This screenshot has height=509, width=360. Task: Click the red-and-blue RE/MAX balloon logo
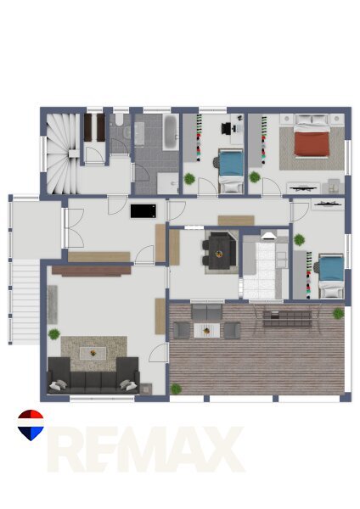tap(31, 425)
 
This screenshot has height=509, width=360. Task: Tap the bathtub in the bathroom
tap(171, 131)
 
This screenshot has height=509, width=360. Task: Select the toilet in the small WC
tap(118, 120)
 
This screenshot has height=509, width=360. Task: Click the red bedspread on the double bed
tap(312, 143)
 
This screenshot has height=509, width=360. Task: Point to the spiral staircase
tap(61, 154)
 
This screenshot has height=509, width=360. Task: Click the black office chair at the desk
tap(227, 128)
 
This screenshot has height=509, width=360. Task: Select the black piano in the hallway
tap(143, 211)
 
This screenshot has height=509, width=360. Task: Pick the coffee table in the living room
tap(93, 353)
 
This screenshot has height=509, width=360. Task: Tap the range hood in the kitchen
tap(268, 235)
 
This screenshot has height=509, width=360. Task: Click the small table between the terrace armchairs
tap(206, 331)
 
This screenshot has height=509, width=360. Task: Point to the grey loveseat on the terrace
tap(206, 312)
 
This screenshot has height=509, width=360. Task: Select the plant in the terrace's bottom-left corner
tap(176, 389)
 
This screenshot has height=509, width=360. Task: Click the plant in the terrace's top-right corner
tap(338, 313)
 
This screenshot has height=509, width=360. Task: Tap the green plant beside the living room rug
tap(54, 334)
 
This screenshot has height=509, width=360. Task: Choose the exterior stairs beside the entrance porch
tap(25, 302)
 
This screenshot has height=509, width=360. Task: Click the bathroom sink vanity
tap(140, 133)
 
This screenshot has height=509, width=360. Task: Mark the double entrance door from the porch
tap(73, 228)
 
